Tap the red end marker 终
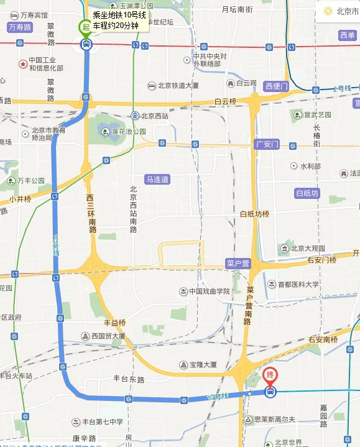click(x=270, y=376)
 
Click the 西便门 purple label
click(x=276, y=86)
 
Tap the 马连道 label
click(x=157, y=179)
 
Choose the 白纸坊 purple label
click(x=307, y=193)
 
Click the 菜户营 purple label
click(x=238, y=264)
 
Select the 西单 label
click(x=348, y=35)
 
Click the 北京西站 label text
click(x=155, y=116)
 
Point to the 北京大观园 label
click(x=308, y=248)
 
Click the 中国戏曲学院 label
click(x=209, y=291)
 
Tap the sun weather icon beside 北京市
click(x=328, y=11)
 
